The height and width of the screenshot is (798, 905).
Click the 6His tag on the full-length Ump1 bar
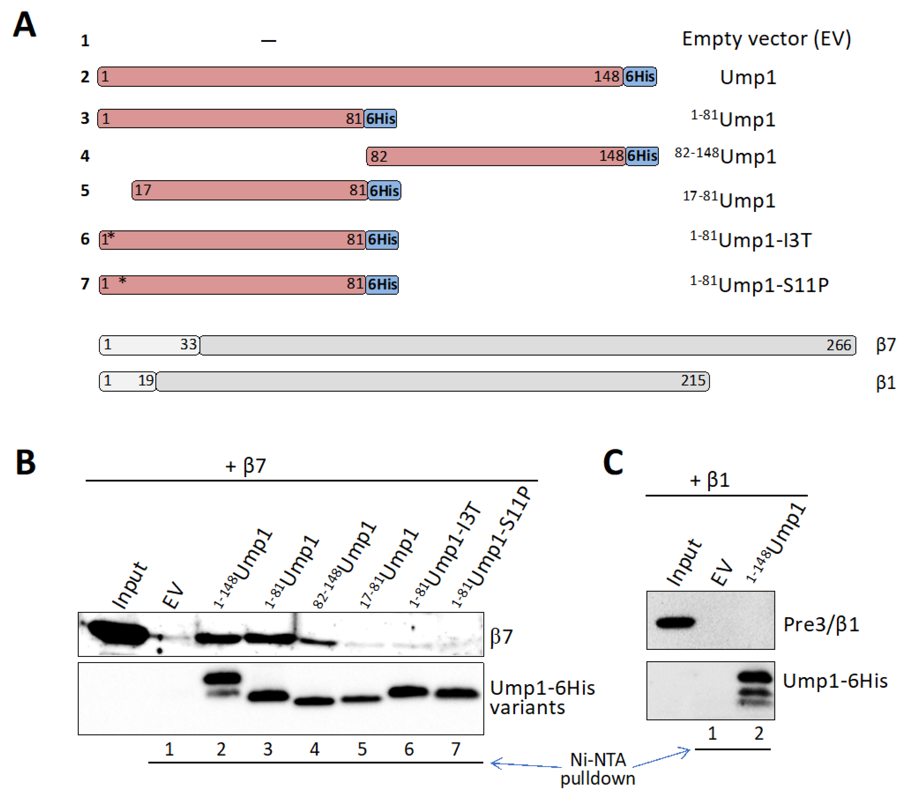tap(639, 77)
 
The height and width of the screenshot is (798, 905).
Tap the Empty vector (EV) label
tap(766, 39)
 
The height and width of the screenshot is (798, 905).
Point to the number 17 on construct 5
tap(143, 190)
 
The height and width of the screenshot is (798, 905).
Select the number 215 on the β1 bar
tap(693, 381)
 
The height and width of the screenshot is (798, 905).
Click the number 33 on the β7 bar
tap(188, 344)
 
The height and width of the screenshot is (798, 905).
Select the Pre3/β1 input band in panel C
tap(675, 623)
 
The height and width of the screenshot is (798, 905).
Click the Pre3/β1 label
tap(821, 625)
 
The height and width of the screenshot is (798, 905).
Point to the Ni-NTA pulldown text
tap(598, 769)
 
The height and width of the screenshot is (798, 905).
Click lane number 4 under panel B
tap(314, 749)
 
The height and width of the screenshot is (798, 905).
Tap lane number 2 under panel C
tap(759, 734)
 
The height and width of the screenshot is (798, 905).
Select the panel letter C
tap(613, 462)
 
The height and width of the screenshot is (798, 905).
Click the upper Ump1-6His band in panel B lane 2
tap(222, 678)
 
